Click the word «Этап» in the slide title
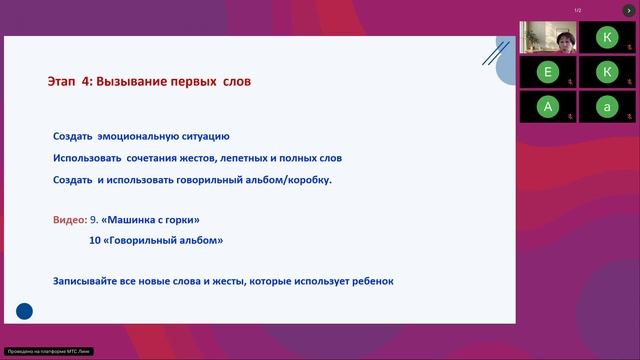click(63, 80)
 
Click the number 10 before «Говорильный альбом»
click(95, 240)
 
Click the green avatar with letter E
click(546, 72)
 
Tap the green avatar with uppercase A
click(546, 106)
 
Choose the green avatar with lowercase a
click(606, 106)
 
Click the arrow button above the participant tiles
click(629, 10)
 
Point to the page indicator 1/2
click(578, 10)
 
